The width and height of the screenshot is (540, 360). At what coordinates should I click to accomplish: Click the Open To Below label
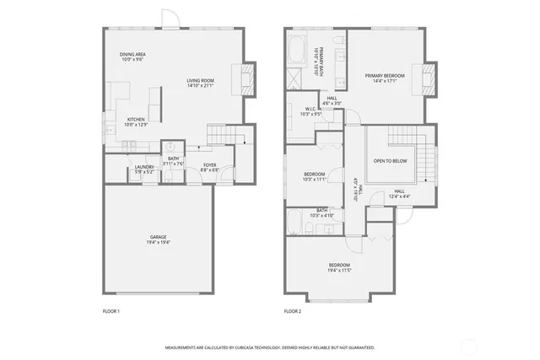391,160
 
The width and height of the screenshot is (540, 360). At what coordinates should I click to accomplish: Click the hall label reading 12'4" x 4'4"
405,194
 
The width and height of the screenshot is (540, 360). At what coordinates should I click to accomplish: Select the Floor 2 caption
292,311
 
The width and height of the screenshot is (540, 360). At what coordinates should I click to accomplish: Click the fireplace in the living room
246,78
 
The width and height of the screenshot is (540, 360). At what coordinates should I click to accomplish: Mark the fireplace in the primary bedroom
429,78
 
